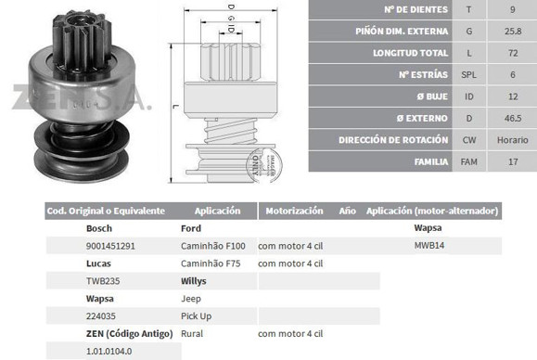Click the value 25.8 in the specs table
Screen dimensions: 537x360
pyautogui.click(x=513, y=31)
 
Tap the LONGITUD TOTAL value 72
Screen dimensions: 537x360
pyautogui.click(x=513, y=52)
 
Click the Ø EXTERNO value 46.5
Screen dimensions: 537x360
pyautogui.click(x=513, y=117)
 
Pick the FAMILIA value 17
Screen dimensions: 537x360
pyautogui.click(x=513, y=161)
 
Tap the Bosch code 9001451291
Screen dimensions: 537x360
pyautogui.click(x=110, y=246)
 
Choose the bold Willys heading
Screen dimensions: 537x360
pyautogui.click(x=193, y=281)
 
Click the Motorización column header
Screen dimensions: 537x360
pyautogui.click(x=293, y=212)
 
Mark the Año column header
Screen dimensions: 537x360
pyautogui.click(x=347, y=212)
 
